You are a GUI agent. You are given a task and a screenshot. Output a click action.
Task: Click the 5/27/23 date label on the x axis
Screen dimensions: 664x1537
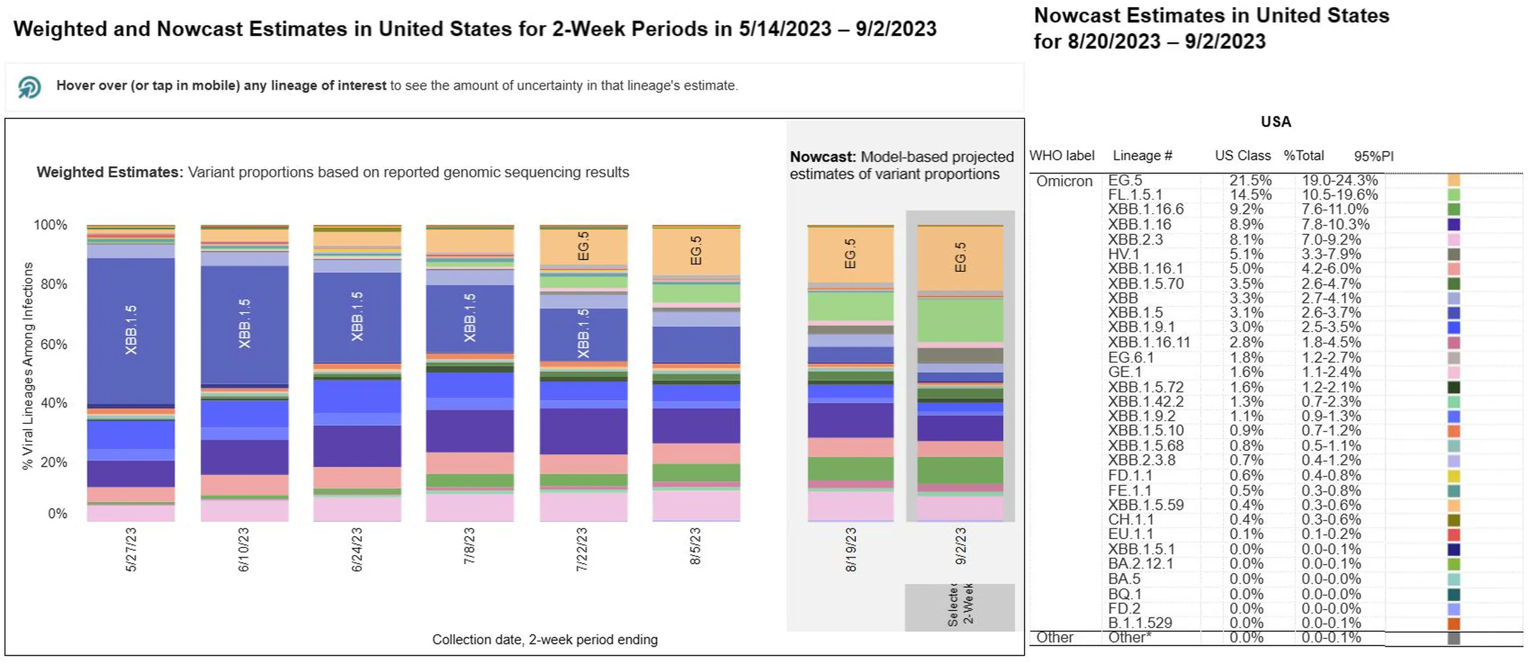pos(131,549)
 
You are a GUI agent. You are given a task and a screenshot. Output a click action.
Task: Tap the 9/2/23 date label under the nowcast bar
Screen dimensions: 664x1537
pos(961,546)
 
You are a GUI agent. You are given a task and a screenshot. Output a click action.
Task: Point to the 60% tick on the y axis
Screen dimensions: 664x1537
pos(54,344)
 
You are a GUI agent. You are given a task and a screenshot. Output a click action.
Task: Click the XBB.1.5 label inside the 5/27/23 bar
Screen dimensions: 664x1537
pos(131,330)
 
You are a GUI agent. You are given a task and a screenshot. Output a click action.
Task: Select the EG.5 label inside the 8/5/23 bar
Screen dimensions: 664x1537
pos(696,250)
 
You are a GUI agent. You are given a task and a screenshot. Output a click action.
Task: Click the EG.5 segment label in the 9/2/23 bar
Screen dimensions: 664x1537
pos(960,257)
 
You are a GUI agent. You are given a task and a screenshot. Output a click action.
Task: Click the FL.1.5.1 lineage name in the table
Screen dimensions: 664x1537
pos(1135,195)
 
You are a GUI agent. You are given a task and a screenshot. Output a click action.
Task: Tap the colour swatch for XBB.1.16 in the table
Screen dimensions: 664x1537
pos(1454,225)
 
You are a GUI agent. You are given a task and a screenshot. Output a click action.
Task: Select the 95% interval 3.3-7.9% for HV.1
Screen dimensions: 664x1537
pos(1331,254)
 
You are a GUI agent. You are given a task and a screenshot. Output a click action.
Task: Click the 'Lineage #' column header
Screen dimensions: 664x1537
pos(1142,156)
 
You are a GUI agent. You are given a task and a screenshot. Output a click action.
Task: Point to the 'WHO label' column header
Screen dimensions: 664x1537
pos(1062,156)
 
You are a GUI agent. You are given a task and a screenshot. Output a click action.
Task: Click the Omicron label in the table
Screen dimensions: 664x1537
pos(1064,181)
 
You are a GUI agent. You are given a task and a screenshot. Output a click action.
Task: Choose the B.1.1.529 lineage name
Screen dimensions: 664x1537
pos(1140,623)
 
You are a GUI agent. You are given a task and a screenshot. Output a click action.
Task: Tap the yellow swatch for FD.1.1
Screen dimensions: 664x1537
pos(1454,476)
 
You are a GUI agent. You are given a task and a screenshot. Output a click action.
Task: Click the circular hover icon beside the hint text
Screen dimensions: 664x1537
pos(29,86)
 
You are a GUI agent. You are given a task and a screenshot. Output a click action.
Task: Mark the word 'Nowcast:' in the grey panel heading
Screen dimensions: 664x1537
pos(822,157)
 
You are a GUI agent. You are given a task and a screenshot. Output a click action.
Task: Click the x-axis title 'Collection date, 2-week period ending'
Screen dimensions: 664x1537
pos(544,640)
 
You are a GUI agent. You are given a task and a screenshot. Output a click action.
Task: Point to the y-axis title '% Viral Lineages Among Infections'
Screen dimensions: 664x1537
pos(28,366)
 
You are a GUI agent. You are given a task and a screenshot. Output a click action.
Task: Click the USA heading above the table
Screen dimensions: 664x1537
pos(1276,122)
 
